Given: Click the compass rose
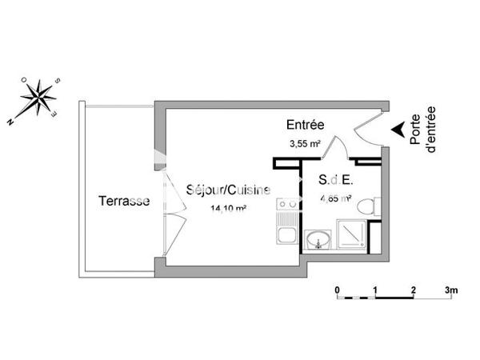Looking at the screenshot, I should pos(35,98).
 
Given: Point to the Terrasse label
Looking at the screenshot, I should pos(123,201).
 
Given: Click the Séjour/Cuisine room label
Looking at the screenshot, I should pos(228,190).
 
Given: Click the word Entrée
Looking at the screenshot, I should pos(305,126).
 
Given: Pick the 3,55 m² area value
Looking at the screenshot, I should pos(305,144).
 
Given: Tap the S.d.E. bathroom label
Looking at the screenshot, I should pos(335,180).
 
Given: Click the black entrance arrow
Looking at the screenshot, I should pos(396,128).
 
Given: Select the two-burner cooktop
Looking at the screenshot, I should pos(286,210).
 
